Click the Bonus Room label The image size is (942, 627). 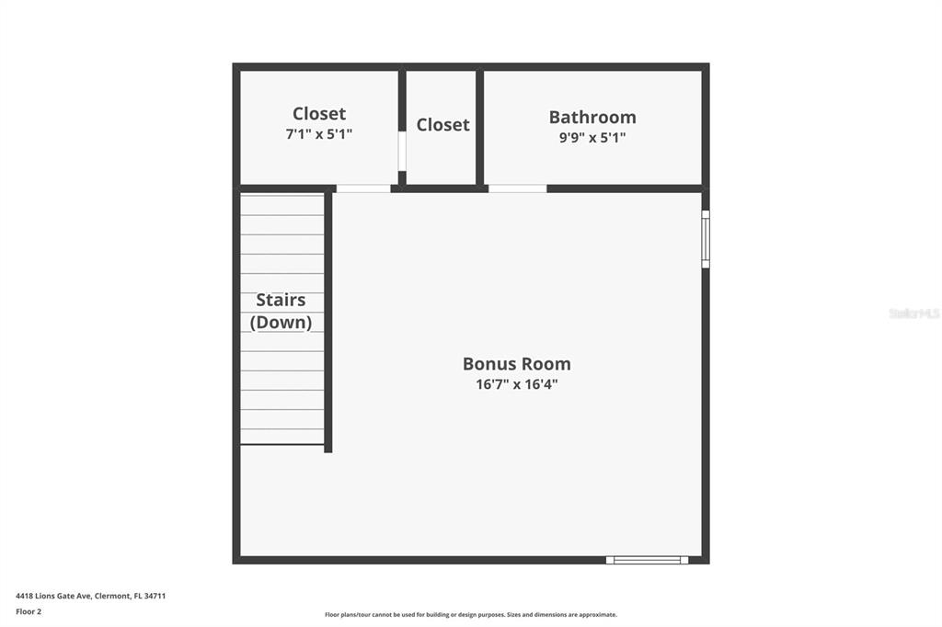tap(517, 363)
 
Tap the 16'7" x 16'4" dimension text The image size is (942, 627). tap(517, 384)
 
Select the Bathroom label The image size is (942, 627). tap(592, 117)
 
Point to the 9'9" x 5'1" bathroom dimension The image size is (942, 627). tap(592, 138)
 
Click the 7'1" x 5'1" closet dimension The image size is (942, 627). tap(319, 134)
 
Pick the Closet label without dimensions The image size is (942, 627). tap(442, 124)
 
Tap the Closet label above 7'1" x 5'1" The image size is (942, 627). tap(319, 113)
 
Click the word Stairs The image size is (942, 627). tap(281, 300)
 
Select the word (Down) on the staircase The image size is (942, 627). tap(281, 323)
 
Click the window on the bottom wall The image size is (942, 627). tap(647, 560)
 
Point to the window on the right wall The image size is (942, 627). tap(706, 239)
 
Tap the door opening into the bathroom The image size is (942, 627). tap(517, 188)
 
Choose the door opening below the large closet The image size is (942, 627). tap(362, 188)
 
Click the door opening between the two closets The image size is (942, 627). tap(402, 151)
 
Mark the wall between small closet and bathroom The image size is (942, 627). tap(480, 127)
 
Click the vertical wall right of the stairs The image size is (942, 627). tap(328, 323)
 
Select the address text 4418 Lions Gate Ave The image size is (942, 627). tap(53, 596)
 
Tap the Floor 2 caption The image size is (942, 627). tap(29, 611)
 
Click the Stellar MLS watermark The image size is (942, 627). tap(913, 313)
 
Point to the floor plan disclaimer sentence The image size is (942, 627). tap(471, 614)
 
